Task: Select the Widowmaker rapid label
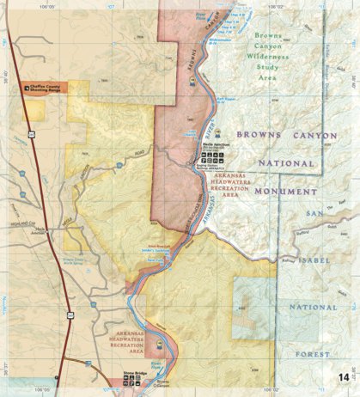(x=211, y=40)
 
